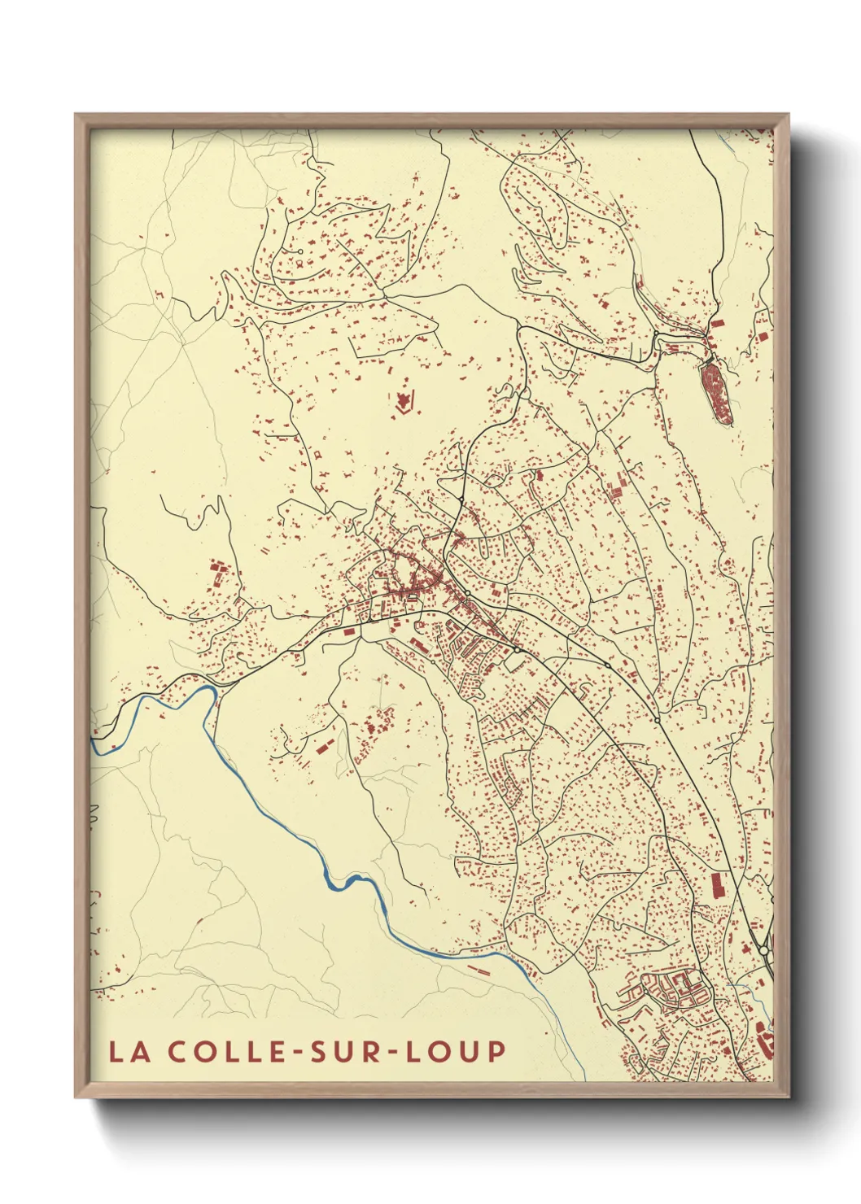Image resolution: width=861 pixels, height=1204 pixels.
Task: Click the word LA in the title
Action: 129,1052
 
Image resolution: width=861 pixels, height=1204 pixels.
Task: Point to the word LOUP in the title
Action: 456,1052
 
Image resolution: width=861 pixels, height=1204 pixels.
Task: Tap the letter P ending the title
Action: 496,1052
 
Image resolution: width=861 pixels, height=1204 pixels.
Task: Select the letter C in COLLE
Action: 180,1052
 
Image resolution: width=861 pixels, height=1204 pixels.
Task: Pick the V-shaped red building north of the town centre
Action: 404,401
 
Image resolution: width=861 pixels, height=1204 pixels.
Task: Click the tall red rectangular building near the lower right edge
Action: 718,885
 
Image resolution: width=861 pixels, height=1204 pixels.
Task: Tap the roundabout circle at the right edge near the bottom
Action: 763,950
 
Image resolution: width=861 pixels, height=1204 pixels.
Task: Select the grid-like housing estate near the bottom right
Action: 671,989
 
